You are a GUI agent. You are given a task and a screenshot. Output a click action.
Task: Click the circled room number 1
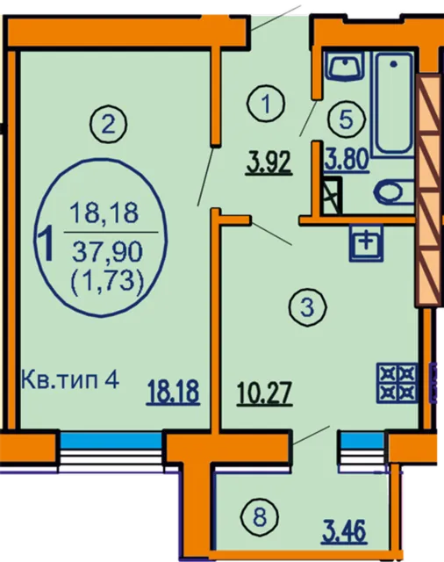tap(266, 104)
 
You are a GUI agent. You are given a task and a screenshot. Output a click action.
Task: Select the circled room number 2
tap(109, 126)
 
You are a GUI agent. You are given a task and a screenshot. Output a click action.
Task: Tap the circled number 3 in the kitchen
tap(308, 307)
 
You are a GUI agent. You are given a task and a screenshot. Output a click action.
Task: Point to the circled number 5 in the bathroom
tap(346, 119)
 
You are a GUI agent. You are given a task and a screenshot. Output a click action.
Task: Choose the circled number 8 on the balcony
tap(260, 518)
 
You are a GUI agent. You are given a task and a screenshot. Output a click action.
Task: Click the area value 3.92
tap(269, 163)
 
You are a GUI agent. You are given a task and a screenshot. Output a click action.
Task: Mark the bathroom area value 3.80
tap(347, 160)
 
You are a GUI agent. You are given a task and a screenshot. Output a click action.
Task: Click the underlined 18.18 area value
tap(173, 393)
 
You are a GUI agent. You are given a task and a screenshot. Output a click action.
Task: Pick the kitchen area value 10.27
tap(265, 393)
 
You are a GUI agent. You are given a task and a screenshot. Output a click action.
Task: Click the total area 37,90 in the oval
tap(107, 251)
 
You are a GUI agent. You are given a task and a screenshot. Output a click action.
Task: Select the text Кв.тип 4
tap(70, 380)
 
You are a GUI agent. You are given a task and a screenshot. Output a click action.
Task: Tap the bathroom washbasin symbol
tap(345, 66)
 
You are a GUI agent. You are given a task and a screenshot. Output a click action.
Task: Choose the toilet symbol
tap(394, 192)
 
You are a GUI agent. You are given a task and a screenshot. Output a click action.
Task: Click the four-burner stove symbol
tap(397, 382)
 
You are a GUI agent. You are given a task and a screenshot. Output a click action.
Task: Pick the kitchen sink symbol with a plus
tap(366, 242)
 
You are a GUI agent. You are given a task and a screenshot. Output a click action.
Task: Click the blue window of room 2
tap(111, 441)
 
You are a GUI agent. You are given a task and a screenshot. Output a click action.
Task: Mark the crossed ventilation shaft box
tap(331, 196)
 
